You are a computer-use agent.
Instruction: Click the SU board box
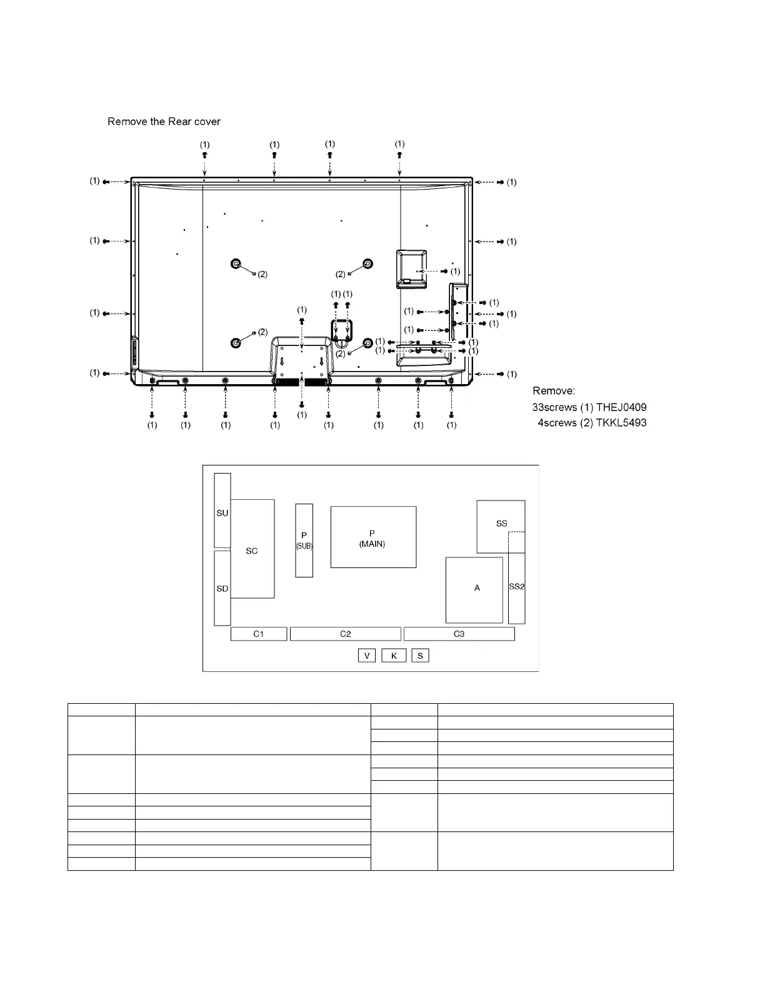(x=222, y=510)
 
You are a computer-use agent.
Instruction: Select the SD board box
(x=222, y=588)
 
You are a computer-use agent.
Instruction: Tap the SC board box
(x=252, y=549)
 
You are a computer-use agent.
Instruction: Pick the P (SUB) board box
(x=304, y=541)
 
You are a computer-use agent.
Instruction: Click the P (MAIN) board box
(x=373, y=537)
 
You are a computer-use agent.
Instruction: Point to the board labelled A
(x=474, y=590)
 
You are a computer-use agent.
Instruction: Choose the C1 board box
(x=259, y=634)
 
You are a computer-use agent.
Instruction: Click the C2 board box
(x=346, y=634)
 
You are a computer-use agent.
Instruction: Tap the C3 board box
(x=459, y=634)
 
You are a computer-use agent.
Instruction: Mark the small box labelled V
(x=367, y=655)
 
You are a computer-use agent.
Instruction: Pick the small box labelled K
(x=394, y=655)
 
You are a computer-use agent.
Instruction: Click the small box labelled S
(x=420, y=655)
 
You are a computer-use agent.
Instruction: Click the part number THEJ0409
(x=621, y=407)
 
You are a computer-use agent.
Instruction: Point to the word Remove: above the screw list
(x=554, y=391)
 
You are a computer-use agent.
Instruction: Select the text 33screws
(x=554, y=407)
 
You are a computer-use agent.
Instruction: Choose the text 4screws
(x=557, y=423)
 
